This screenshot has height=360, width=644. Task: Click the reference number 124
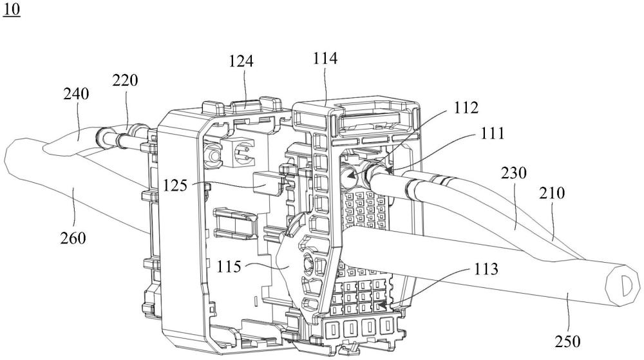(241, 61)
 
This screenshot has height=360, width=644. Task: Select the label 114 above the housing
(325, 59)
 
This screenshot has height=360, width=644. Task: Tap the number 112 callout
(466, 108)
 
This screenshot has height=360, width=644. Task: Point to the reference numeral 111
(492, 133)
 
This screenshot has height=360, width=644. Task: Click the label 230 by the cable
(513, 173)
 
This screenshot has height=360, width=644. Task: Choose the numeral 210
(552, 193)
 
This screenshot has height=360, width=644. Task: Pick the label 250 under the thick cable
(567, 341)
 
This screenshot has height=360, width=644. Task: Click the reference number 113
(486, 269)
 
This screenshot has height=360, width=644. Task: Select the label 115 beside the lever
(229, 267)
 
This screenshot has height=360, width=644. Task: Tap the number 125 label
(175, 185)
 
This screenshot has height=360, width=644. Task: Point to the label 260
(73, 238)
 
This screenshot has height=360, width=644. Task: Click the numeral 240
(76, 93)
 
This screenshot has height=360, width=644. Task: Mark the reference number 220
(126, 80)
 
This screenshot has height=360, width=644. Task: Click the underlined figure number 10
(12, 9)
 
